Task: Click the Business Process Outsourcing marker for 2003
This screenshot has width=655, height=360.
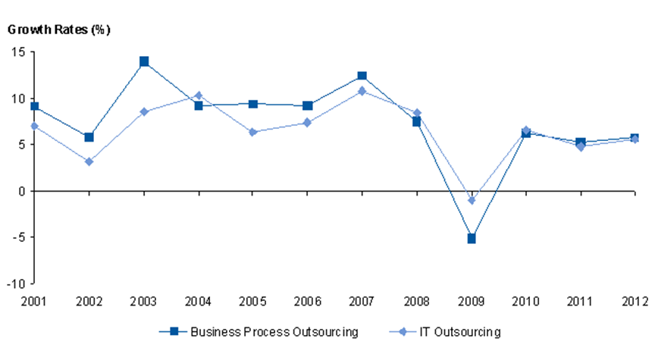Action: pyautogui.click(x=144, y=61)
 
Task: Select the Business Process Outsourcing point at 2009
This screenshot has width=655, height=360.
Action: pyautogui.click(x=472, y=239)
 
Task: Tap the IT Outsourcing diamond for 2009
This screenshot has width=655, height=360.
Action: pyautogui.click(x=472, y=200)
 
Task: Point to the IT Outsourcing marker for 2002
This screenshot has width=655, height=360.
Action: pyautogui.click(x=89, y=161)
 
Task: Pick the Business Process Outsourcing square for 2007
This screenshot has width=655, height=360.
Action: pyautogui.click(x=362, y=76)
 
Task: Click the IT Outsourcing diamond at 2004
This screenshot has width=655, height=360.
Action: pyautogui.click(x=199, y=95)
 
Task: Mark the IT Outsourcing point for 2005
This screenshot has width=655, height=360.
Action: pyautogui.click(x=253, y=132)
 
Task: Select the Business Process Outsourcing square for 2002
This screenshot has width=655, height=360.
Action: pyautogui.click(x=89, y=137)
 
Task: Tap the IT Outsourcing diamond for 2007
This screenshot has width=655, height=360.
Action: pyautogui.click(x=362, y=91)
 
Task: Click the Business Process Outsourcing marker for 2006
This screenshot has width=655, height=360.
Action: pyautogui.click(x=308, y=106)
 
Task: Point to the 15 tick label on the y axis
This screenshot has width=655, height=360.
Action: pyautogui.click(x=17, y=52)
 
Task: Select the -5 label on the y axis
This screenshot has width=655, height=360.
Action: pyautogui.click(x=17, y=238)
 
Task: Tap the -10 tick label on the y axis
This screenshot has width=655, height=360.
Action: pyautogui.click(x=15, y=284)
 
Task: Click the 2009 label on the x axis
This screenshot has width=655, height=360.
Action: pyautogui.click(x=472, y=301)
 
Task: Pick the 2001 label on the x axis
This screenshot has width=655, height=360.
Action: pyautogui.click(x=35, y=301)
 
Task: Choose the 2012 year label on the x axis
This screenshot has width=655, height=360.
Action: pyautogui.click(x=634, y=301)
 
